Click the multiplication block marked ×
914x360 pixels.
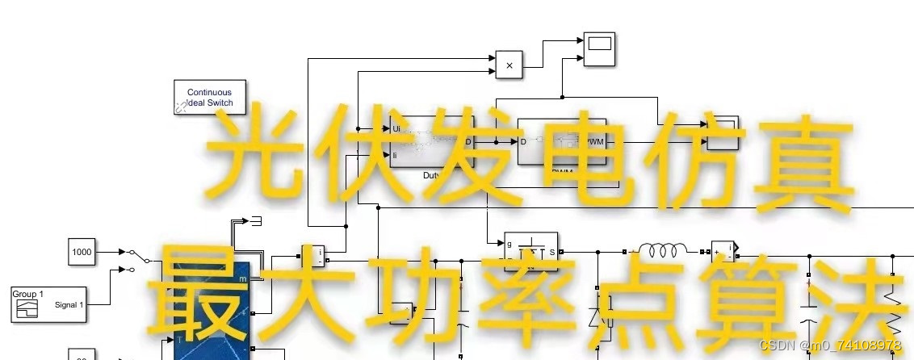[509, 65]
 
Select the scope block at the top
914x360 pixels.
[599, 48]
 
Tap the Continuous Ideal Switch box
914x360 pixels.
[209, 98]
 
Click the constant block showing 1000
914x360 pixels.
[82, 252]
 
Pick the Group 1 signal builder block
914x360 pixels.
[48, 304]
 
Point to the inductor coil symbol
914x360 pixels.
[663, 249]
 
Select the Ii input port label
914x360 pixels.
[395, 154]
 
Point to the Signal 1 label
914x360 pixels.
[68, 305]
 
